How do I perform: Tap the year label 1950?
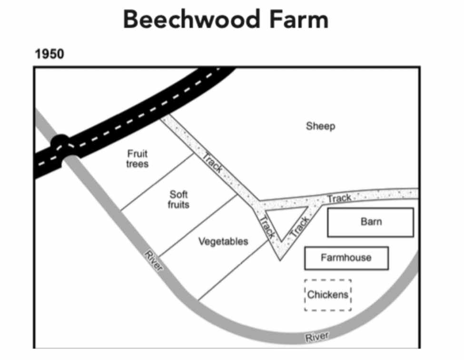coord(49,54)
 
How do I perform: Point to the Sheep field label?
coord(320,126)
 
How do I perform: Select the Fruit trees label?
coord(138,159)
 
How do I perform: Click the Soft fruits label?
coord(178,199)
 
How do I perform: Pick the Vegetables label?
coord(223,241)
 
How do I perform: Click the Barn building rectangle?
coord(370,222)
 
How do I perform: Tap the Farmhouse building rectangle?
coord(346,258)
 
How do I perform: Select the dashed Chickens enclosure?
coord(327,295)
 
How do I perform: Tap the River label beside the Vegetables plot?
coord(153,260)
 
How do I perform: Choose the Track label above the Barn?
coord(339,198)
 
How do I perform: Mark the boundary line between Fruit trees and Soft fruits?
coord(157,181)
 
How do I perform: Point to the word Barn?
coord(371,222)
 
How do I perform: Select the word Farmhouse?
coord(346,258)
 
